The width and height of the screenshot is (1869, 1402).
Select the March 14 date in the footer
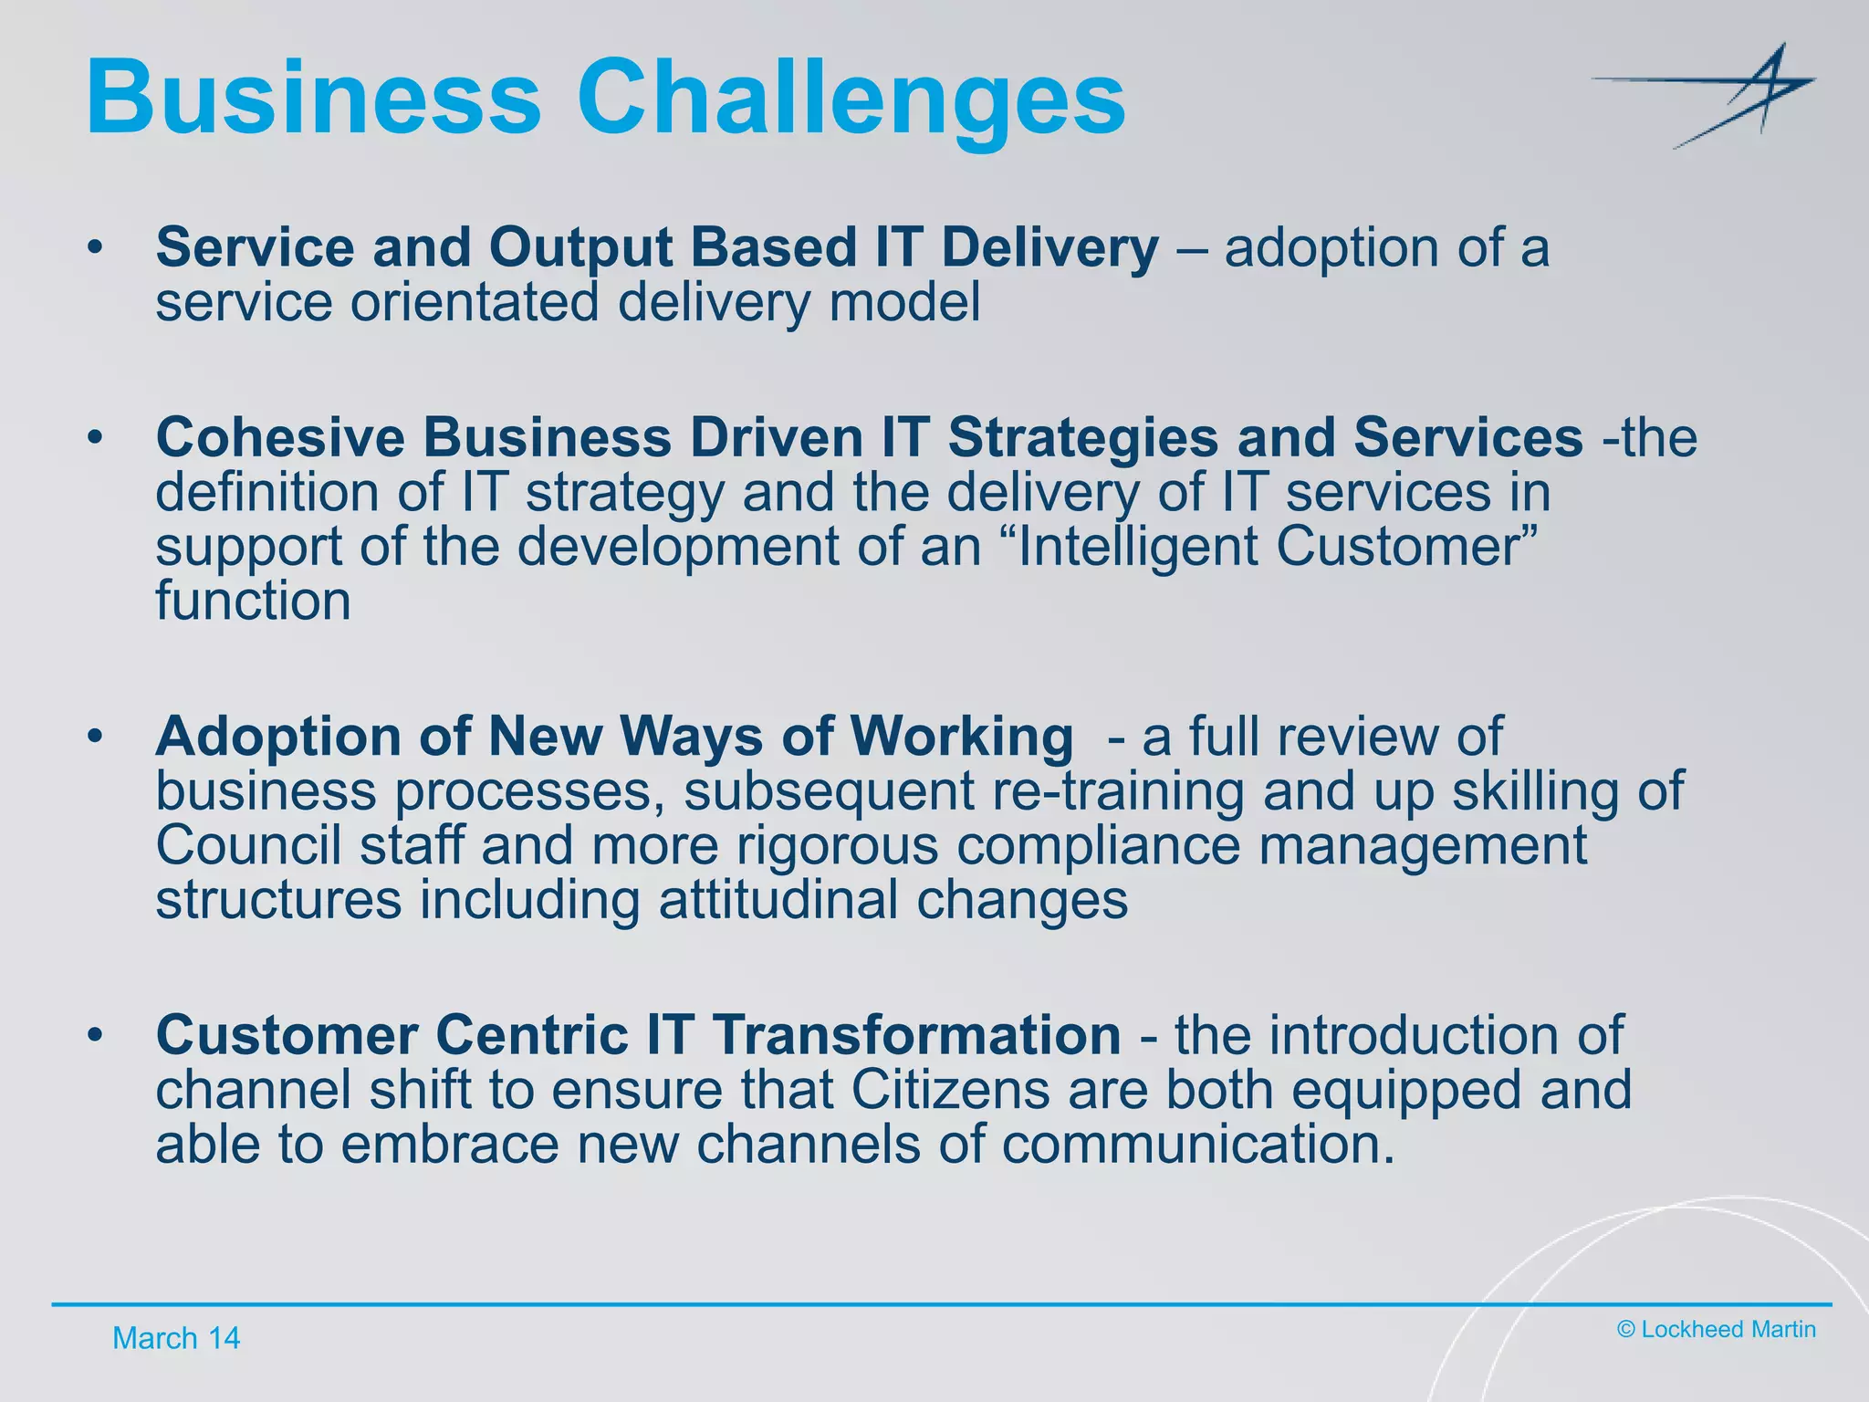pyautogui.click(x=175, y=1338)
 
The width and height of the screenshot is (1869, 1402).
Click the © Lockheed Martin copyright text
pyautogui.click(x=1716, y=1329)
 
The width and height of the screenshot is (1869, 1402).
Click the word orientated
pyautogui.click(x=475, y=302)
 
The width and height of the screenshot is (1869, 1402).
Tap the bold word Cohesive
pyautogui.click(x=280, y=437)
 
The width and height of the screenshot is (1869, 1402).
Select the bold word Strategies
pyautogui.click(x=1082, y=437)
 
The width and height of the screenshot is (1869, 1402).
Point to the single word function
pyautogui.click(x=253, y=602)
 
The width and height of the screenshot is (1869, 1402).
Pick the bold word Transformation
pyautogui.click(x=916, y=1035)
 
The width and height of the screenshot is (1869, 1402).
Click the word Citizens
pyautogui.click(x=950, y=1090)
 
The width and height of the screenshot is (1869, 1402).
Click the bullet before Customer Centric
pyautogui.click(x=95, y=1037)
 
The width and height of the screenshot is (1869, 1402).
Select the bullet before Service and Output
pyautogui.click(x=95, y=248)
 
